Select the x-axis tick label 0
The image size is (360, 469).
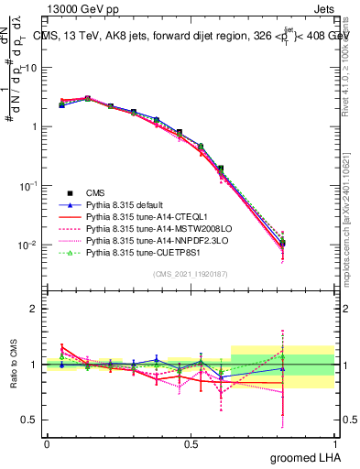click(46, 444)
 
